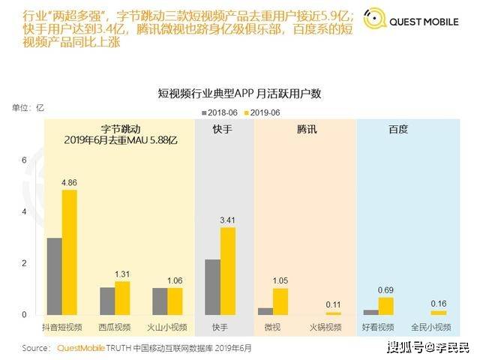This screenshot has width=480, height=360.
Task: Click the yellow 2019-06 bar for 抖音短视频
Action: point(70,252)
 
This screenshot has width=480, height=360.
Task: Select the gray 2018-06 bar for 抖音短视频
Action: point(54,276)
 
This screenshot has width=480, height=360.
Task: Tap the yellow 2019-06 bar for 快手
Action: point(228,271)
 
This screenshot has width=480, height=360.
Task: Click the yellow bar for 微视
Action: point(280,301)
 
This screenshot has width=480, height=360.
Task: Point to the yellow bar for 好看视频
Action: point(386,305)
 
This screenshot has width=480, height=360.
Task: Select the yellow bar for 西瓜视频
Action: point(122,298)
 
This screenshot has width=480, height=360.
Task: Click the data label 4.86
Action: point(70,182)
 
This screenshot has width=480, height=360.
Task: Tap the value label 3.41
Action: point(228,220)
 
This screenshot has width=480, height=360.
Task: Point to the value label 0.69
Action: point(386,289)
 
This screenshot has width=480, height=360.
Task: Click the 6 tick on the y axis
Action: point(24,160)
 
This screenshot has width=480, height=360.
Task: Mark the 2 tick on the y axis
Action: point(24,263)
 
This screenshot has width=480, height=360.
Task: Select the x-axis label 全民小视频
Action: point(431,328)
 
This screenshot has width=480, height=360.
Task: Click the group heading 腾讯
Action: point(307,130)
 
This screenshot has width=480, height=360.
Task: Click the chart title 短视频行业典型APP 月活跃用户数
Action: point(240,94)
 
